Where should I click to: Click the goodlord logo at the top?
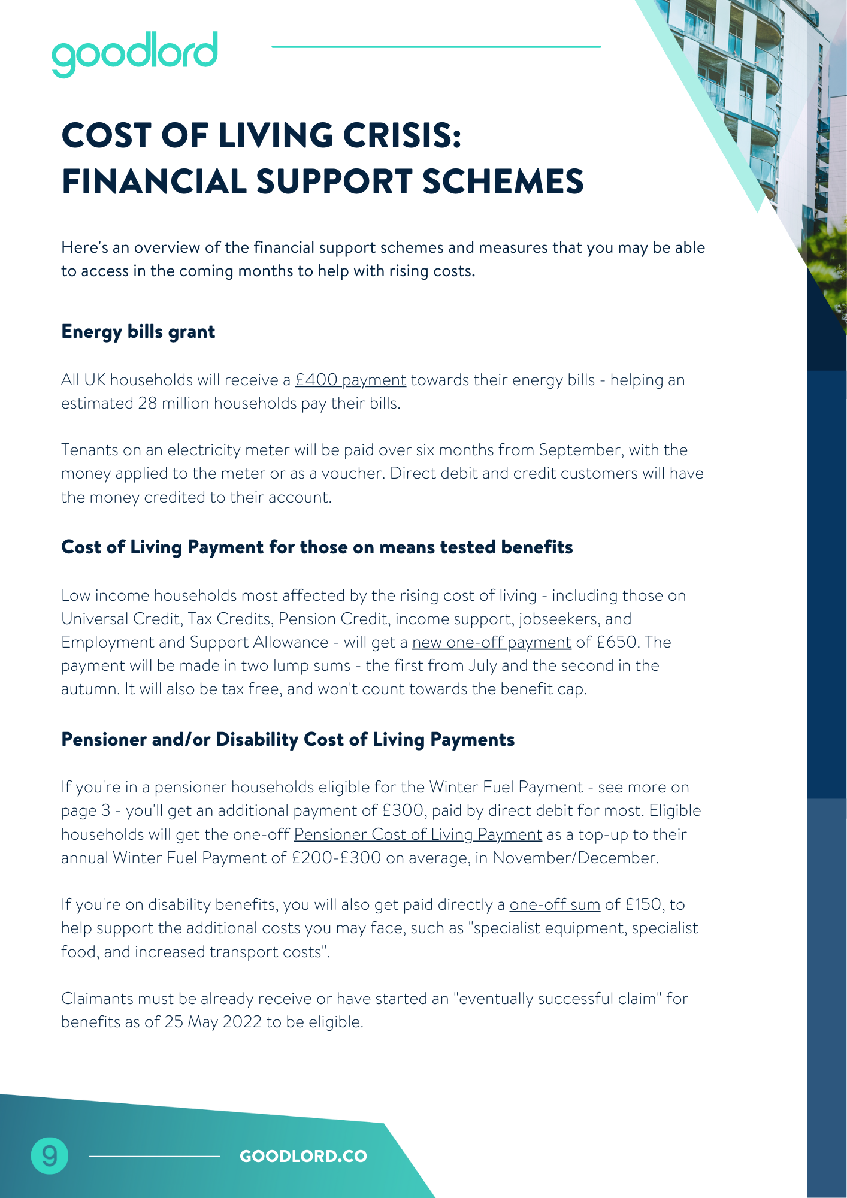tap(135, 53)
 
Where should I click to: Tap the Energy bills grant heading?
tap(138, 332)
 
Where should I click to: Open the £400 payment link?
tap(350, 380)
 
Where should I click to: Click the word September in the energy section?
tap(579, 450)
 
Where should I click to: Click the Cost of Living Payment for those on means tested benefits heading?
tap(317, 547)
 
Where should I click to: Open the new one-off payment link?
tap(491, 642)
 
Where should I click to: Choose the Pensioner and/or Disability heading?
tap(288, 740)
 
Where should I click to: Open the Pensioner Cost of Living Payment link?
tap(418, 834)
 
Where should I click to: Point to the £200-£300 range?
tap(336, 858)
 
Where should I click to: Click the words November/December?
tap(575, 858)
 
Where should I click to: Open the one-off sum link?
tap(555, 904)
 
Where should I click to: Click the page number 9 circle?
tap(50, 1155)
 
